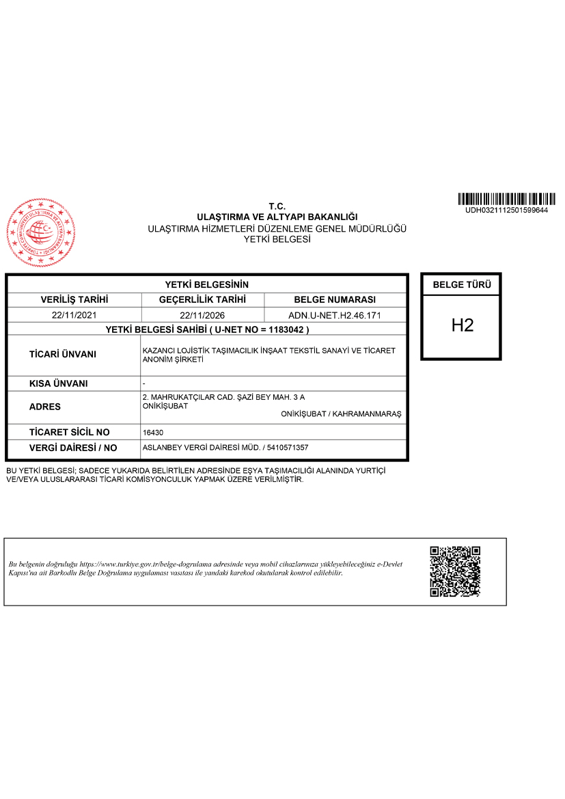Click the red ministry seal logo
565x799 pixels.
pos(41,232)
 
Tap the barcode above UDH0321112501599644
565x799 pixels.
pos(506,199)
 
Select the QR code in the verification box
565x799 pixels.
pos(455,571)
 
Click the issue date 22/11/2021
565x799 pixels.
pos(75,316)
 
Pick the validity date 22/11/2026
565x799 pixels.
pos(202,316)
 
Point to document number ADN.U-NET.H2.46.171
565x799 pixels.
pos(335,316)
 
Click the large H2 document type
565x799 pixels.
pos(462,325)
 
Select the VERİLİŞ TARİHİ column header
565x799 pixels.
pos(75,300)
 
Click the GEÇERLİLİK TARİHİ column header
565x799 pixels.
pos(202,300)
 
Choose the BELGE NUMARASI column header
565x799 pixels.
pos(335,300)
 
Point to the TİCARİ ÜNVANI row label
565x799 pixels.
pos(63,355)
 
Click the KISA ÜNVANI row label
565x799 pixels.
pos(59,383)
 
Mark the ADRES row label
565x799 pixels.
pos(45,407)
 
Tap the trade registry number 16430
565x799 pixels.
pos(152,433)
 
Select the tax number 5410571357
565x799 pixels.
pos(288,448)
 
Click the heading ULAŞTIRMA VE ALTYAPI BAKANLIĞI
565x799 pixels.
pos(277,217)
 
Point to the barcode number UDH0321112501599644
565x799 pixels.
pos(506,210)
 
